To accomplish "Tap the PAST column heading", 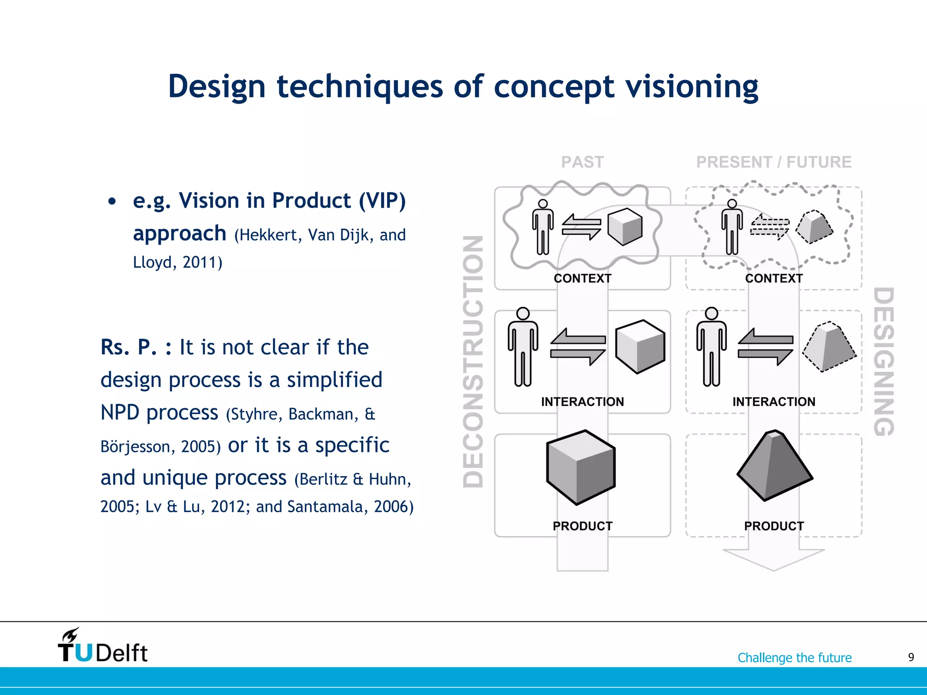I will tap(583, 162).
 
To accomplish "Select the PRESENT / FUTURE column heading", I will tap(774, 162).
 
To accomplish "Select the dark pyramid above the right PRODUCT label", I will tap(774, 466).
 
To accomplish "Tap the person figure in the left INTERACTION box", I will tap(523, 347).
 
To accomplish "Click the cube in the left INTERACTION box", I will tap(640, 347).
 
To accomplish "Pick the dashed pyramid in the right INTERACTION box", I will tap(829, 347).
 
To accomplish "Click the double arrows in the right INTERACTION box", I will tap(765, 347).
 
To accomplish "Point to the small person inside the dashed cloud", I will tap(732, 227).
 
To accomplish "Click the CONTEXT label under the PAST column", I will tap(583, 278).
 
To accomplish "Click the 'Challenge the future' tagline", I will tap(794, 657).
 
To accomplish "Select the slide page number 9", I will tap(911, 657).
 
